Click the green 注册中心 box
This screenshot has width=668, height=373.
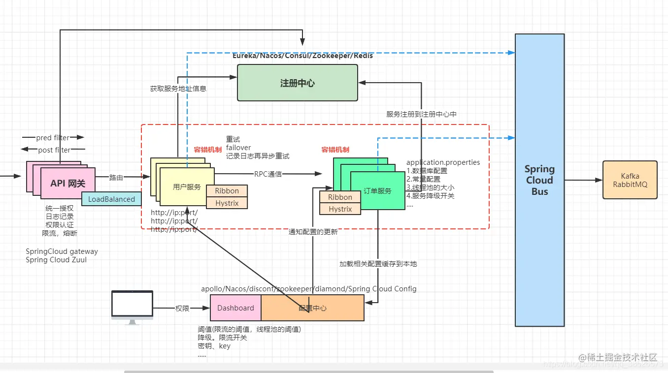(298, 83)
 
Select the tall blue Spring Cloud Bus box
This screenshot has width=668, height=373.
(539, 180)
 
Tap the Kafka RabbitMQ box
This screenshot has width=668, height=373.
(630, 180)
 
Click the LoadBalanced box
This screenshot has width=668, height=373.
(111, 199)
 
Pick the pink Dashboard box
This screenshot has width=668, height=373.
(235, 308)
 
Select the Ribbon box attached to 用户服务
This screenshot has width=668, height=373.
(227, 191)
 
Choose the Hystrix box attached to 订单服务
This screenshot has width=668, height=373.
(340, 209)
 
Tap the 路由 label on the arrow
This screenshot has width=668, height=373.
(116, 178)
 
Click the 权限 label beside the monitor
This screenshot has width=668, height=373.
(182, 309)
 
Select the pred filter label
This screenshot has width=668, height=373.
(53, 138)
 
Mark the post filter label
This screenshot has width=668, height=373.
(54, 150)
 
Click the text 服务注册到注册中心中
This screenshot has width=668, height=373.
(421, 114)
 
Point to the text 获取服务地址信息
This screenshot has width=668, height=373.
(178, 89)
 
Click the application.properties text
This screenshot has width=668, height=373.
(443, 162)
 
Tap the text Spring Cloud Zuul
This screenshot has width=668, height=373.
(56, 260)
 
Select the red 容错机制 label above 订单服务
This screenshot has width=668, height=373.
(335, 150)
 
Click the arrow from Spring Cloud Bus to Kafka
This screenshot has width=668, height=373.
(583, 180)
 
